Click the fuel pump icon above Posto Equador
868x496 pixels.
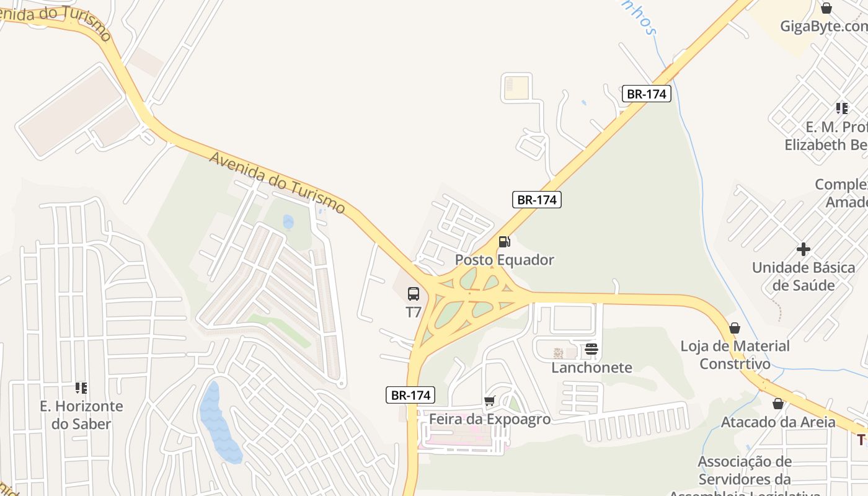505,241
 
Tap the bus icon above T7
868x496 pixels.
414,294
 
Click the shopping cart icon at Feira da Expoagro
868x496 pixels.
490,401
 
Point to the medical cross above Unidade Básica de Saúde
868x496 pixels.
804,249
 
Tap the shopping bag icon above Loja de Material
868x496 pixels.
735,327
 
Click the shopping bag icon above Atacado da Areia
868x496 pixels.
778,404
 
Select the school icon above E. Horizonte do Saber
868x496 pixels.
81,388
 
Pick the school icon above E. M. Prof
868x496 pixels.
841,108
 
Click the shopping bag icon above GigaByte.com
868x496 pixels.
826,8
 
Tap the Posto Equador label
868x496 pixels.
505,260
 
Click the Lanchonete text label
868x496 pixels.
591,368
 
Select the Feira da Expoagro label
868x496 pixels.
490,420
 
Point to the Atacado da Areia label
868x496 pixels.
778,422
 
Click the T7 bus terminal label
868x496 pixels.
414,312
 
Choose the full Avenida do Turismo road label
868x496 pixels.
277,183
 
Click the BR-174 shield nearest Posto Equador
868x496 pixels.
537,200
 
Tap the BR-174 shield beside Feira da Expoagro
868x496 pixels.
410,395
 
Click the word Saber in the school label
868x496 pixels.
91,424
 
